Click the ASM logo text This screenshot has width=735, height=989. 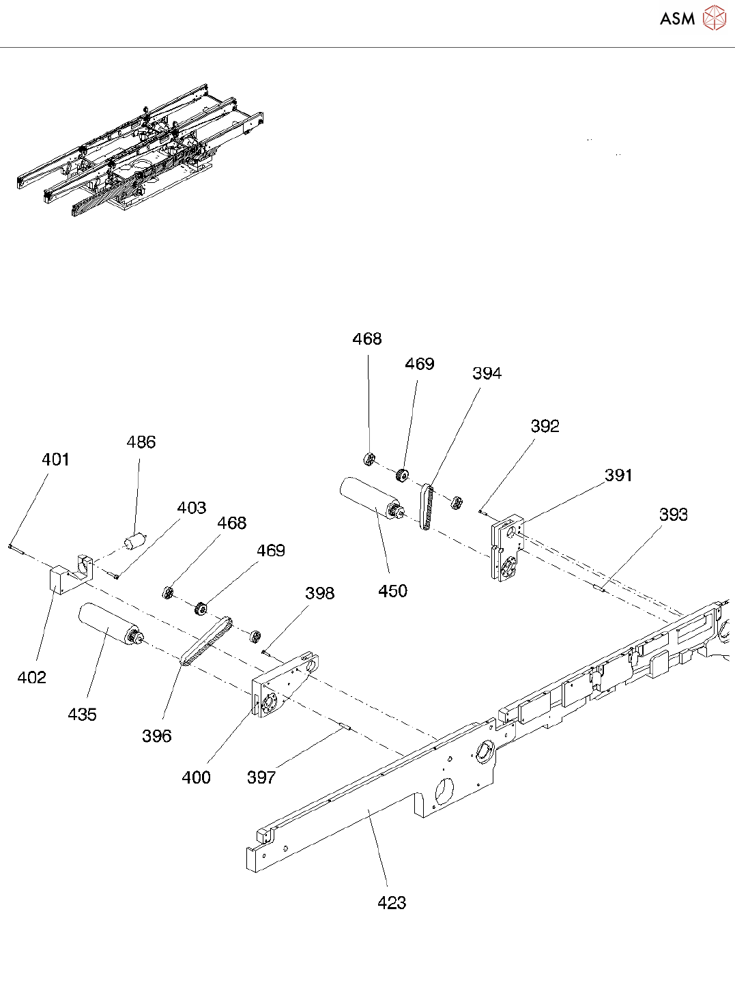coord(677,18)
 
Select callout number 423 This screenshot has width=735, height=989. coord(392,903)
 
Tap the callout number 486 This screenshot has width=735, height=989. coord(141,442)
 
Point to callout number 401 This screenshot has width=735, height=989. coord(55,459)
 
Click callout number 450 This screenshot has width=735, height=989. coord(392,591)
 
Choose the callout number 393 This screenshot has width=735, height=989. coord(673,515)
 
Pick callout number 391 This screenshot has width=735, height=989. coord(618,475)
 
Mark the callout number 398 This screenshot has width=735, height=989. coord(319,593)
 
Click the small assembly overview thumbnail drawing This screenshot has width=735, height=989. coord(140,150)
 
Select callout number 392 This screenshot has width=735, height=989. coord(545,427)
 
